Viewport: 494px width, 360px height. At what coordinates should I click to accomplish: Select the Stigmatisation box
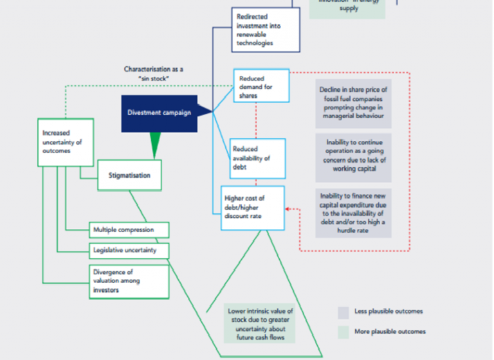coord(129,174)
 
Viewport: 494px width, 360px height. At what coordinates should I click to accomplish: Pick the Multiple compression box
coord(129,230)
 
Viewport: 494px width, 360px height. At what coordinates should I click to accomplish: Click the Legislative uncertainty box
coord(129,249)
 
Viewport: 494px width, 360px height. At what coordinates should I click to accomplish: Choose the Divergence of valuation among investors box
coord(129,280)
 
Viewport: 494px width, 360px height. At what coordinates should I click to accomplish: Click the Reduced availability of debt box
coord(257,158)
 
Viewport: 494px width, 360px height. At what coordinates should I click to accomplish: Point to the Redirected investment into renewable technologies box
coord(265,30)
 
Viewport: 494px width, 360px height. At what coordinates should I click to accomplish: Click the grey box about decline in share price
coord(353,103)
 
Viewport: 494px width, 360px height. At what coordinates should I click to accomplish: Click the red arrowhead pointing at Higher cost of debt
coord(288,209)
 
